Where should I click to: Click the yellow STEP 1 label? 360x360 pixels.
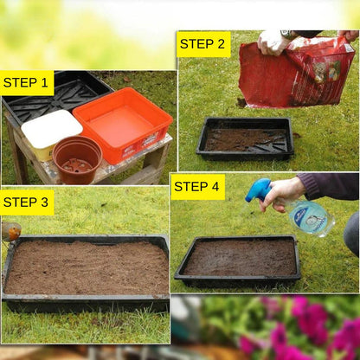(x=26, y=83)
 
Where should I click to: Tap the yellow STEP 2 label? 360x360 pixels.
(x=203, y=44)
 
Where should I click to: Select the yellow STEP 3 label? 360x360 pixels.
(x=27, y=202)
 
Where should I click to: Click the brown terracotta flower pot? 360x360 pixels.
(x=77, y=159)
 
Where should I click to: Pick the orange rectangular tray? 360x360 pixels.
(x=124, y=124)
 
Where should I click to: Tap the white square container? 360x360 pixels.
(x=51, y=132)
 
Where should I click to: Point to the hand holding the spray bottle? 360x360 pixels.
(x=285, y=192)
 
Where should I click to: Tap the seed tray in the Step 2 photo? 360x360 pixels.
(x=245, y=138)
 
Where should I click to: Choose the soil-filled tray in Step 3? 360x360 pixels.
(x=87, y=268)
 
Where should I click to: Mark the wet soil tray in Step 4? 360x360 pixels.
(x=238, y=259)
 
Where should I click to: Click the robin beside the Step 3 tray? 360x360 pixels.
(x=11, y=231)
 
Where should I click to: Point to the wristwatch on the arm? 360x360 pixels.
(x=290, y=35)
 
